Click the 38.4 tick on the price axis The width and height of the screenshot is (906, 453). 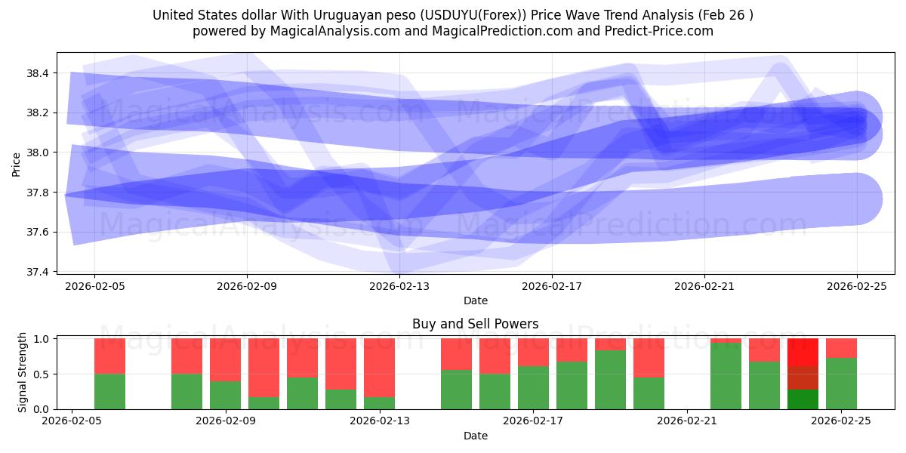coord(37,73)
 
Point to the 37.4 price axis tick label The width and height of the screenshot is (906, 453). coord(37,272)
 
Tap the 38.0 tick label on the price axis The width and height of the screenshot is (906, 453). coord(37,153)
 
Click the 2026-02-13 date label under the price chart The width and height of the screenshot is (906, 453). coord(399,286)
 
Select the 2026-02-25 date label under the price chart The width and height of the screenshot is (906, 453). coord(857,286)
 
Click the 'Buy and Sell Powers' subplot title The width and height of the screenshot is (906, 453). coord(475,324)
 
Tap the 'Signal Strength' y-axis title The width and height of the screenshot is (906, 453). coord(22,372)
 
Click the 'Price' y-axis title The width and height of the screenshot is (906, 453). coord(17,164)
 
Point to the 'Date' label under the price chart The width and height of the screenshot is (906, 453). coord(475,300)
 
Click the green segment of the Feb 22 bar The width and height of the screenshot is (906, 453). coord(726,376)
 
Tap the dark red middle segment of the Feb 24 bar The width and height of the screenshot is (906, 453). coord(803,378)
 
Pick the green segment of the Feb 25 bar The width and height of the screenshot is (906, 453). coord(841,384)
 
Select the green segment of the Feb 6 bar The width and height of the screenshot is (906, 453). coord(109,391)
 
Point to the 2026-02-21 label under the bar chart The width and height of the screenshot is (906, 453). coord(687,421)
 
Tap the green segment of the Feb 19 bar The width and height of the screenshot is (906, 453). coord(610,380)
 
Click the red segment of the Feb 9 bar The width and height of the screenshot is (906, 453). coord(225,359)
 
